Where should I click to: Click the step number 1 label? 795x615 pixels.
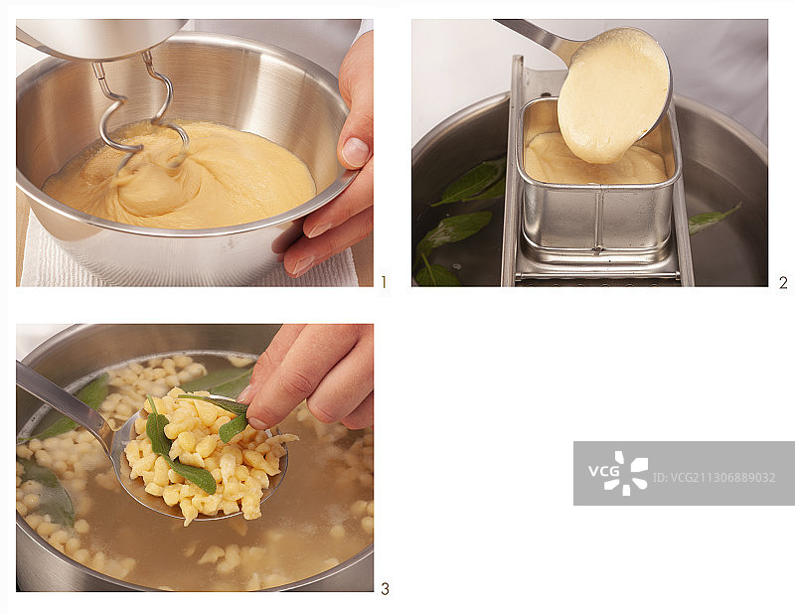pos(384,282)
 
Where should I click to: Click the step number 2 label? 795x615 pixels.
pos(783,282)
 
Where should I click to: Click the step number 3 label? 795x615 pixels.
pos(385,588)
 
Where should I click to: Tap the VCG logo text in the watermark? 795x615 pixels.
pos(604,471)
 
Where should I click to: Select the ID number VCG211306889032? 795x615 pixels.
pos(714,478)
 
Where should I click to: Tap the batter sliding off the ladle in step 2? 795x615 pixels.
pos(612,97)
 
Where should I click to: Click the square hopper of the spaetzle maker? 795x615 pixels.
pos(598,178)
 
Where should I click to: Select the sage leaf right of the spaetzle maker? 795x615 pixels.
pos(714,219)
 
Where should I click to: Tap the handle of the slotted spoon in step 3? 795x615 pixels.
pos(61,399)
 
